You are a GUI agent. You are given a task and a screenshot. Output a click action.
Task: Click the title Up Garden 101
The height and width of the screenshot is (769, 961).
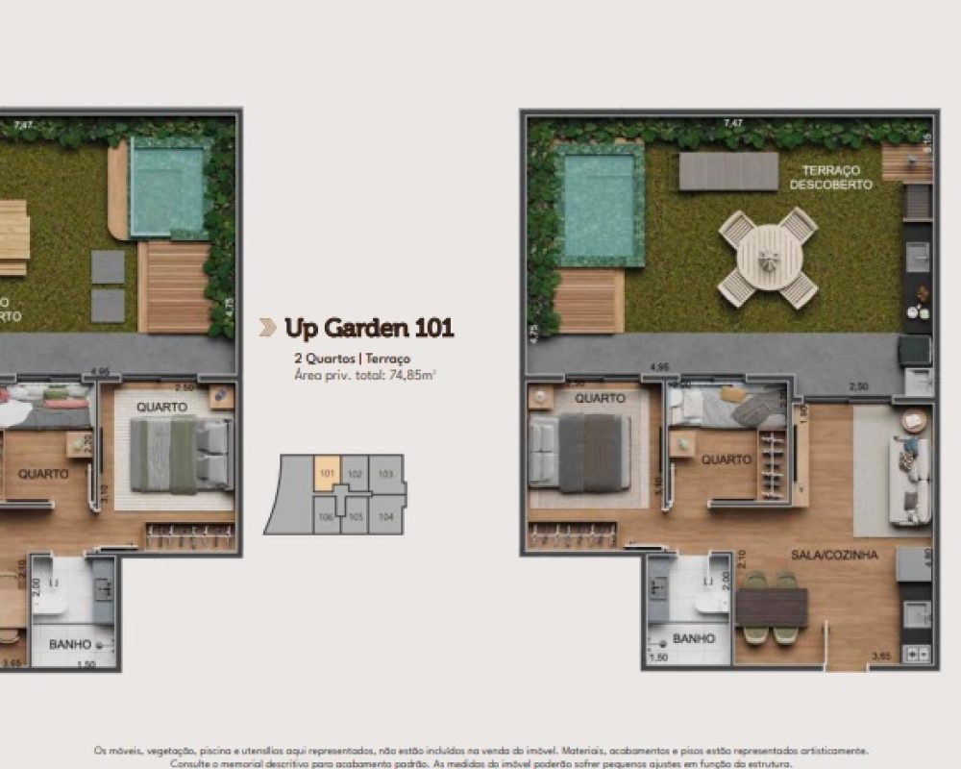pos(369,328)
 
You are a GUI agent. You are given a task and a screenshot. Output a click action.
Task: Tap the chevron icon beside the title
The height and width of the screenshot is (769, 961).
pos(267,328)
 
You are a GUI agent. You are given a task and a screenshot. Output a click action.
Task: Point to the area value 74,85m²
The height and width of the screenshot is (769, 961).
pos(411,375)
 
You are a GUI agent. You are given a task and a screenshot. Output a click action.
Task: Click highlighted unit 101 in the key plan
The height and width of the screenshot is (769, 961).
pos(327,472)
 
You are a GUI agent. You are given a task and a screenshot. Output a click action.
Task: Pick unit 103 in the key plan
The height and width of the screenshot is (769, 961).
pos(386,473)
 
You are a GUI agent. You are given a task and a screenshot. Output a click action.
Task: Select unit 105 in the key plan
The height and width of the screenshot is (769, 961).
pos(356,515)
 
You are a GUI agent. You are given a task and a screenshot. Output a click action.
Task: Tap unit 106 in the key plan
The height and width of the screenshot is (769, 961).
pos(327,515)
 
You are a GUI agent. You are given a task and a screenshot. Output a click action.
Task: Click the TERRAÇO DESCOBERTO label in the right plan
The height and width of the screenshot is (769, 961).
pos(831,177)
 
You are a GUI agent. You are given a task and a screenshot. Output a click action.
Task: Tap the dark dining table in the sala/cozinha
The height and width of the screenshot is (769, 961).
pos(771,608)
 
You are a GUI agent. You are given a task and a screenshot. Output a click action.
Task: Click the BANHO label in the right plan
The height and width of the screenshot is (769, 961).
pos(693,638)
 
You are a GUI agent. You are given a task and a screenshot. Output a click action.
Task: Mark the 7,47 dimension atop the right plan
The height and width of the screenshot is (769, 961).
pos(733,123)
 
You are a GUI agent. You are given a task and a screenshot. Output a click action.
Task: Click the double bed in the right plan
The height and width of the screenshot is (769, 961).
pos(580,452)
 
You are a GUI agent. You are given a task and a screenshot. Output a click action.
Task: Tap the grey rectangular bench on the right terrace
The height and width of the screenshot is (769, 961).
pos(728,171)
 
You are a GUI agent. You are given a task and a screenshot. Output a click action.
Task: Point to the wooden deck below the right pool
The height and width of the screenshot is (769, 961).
pos(589,301)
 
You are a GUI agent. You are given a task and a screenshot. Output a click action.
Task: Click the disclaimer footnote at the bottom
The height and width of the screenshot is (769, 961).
pos(480,757)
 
